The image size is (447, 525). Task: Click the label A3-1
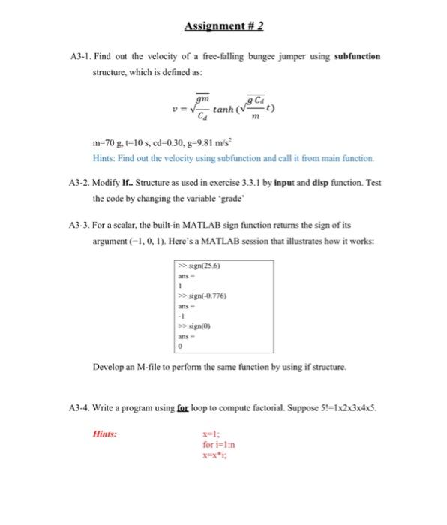coord(79,56)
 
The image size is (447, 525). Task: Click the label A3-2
coord(79,184)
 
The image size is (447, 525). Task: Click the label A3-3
coord(79,224)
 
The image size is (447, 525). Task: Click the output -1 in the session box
coord(180,316)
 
